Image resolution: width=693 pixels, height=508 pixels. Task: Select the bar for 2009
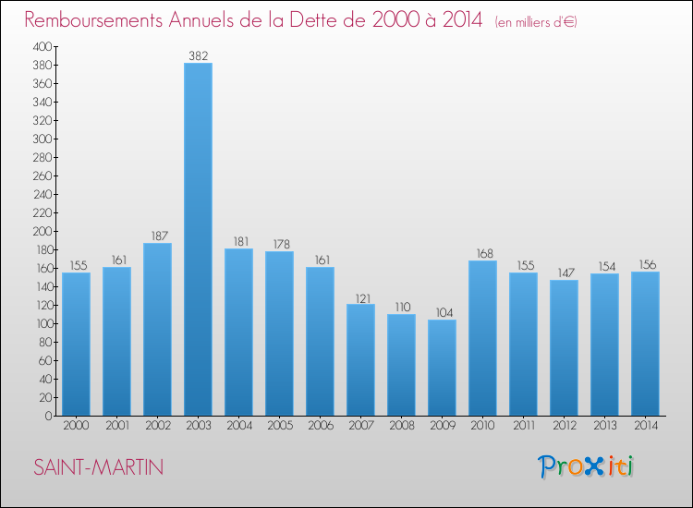tap(442, 367)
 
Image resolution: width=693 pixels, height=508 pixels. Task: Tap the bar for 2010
tap(482, 337)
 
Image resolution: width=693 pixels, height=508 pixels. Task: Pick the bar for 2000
tap(76, 344)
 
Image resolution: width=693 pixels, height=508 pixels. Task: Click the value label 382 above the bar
tap(198, 55)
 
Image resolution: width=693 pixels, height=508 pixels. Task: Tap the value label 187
tap(157, 236)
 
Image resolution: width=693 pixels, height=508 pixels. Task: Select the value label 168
tap(482, 253)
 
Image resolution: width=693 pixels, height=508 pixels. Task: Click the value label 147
tap(564, 272)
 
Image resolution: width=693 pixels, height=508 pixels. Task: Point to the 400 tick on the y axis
tap(43, 46)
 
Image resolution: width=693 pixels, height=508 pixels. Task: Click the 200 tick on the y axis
tap(43, 231)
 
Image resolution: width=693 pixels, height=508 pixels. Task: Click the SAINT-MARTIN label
tap(98, 467)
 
